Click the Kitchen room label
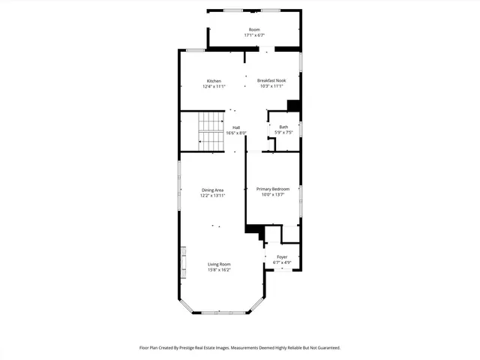[x=214, y=81]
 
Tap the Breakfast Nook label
[x=271, y=81]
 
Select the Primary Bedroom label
[x=272, y=189]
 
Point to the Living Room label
[x=219, y=264]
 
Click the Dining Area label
[x=212, y=190]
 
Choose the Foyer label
[x=282, y=257]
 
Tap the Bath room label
[x=283, y=127]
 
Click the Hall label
[x=236, y=127]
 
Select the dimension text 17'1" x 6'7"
[x=254, y=35]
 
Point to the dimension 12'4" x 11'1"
[x=214, y=87]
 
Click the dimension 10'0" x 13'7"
[x=272, y=195]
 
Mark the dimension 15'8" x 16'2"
[x=219, y=270]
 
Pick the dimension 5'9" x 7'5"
[x=283, y=133]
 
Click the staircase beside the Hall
[x=211, y=129]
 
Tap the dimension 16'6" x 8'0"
[x=236, y=133]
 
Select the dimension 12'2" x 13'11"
[x=212, y=196]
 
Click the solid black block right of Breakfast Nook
[x=294, y=106]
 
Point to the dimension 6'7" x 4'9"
[x=282, y=262]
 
